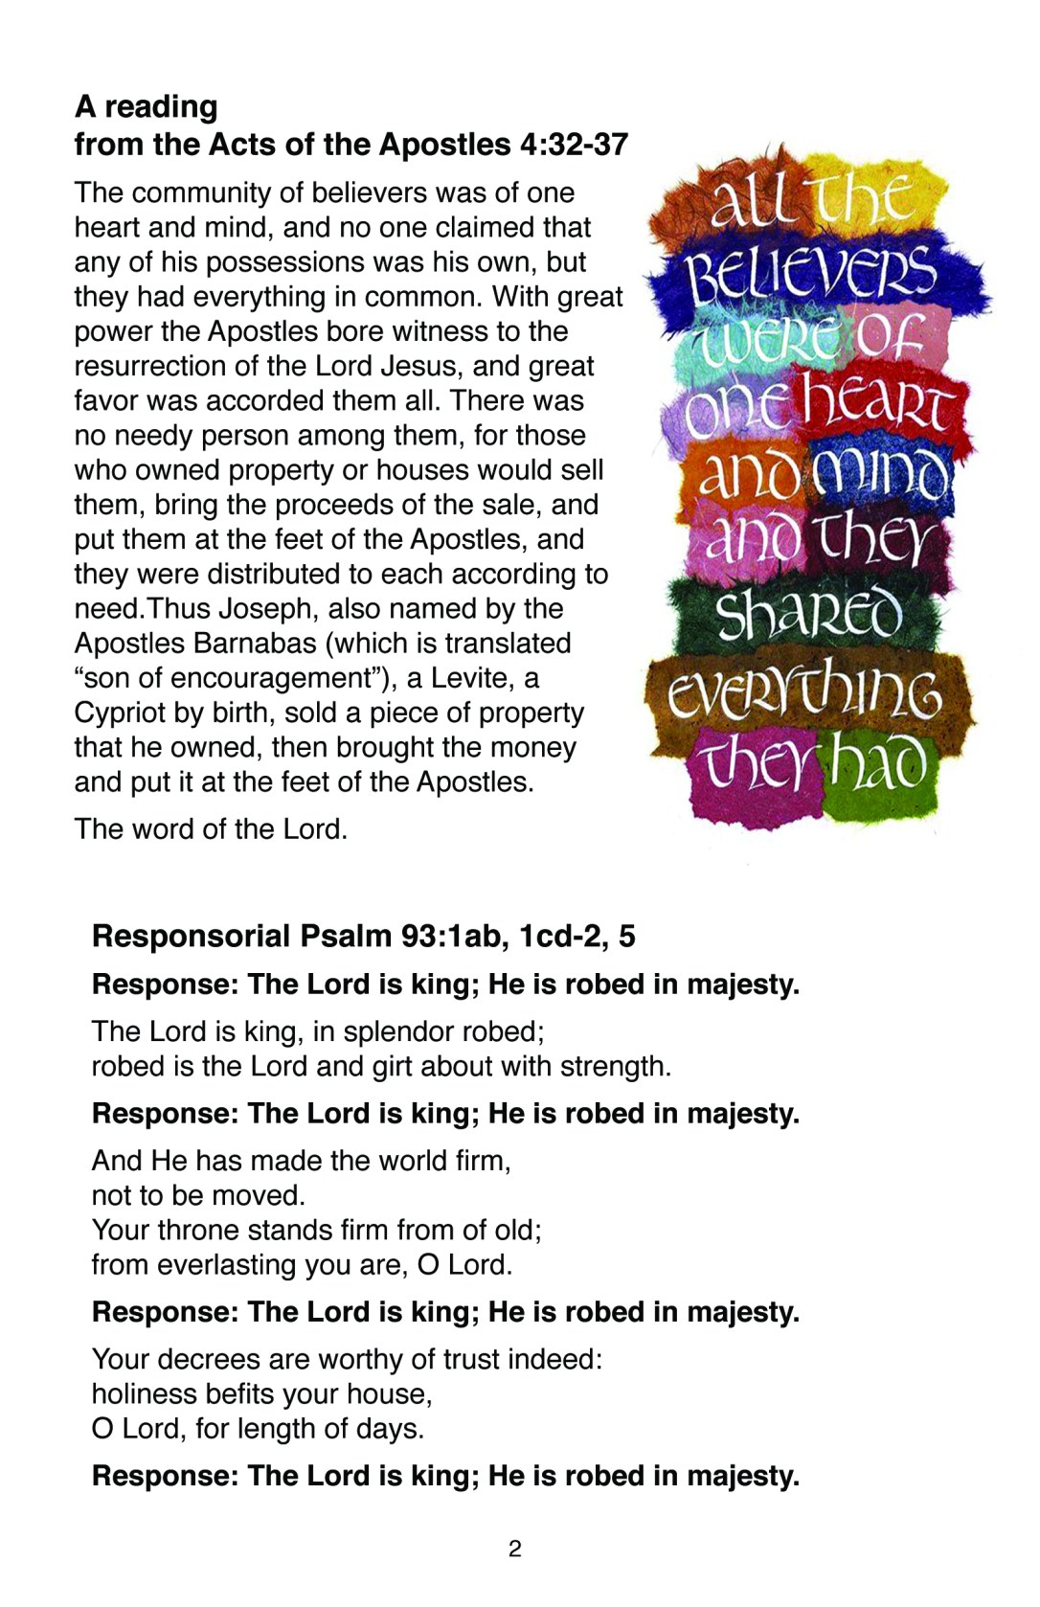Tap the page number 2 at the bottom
point(515,1549)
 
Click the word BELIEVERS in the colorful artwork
point(810,273)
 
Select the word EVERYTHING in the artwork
point(804,691)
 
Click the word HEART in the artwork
point(876,402)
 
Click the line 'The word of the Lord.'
point(211,828)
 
